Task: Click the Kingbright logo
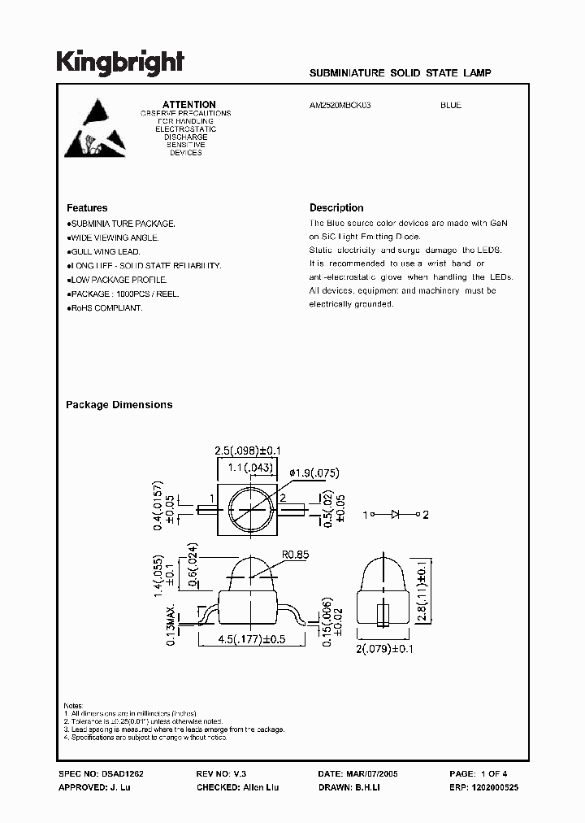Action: coord(120,63)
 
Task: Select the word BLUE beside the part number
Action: coord(451,106)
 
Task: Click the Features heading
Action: coord(87,208)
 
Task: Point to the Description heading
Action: coord(336,208)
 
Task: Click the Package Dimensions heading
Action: coord(119,404)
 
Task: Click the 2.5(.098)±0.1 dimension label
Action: coord(247,451)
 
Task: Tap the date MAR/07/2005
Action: coord(375,775)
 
